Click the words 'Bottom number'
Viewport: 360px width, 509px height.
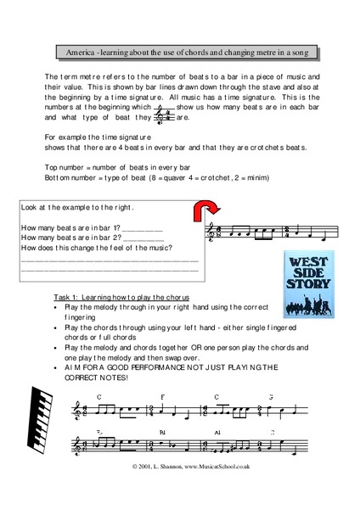pyautogui.click(x=74, y=178)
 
